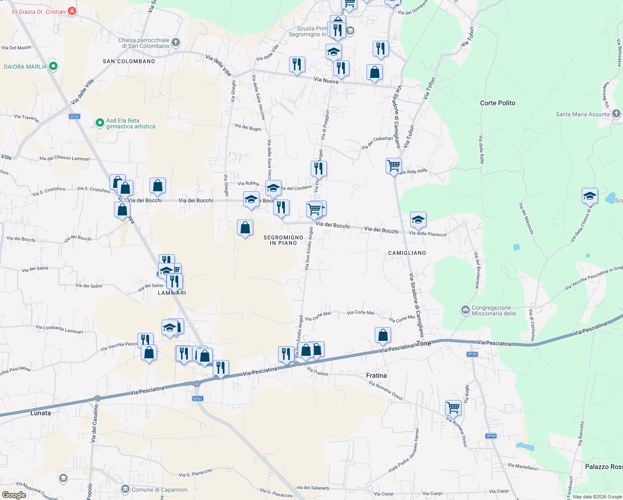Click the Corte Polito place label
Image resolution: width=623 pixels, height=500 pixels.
pyautogui.click(x=497, y=103)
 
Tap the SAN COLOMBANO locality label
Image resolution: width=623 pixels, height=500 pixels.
pyautogui.click(x=129, y=61)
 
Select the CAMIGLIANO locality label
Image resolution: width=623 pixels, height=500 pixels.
pyautogui.click(x=407, y=253)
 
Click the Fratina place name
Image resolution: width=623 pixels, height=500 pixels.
pyautogui.click(x=376, y=375)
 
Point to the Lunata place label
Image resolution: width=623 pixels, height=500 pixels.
pyautogui.click(x=41, y=413)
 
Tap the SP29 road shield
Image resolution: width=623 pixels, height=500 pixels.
pyautogui.click(x=75, y=117)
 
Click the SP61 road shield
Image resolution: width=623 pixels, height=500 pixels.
pyautogui.click(x=197, y=399)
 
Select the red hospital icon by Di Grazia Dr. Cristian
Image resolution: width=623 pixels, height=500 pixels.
pyautogui.click(x=72, y=11)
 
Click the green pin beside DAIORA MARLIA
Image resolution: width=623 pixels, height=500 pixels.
pyautogui.click(x=53, y=66)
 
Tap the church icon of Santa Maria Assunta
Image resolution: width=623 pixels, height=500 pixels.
pyautogui.click(x=616, y=113)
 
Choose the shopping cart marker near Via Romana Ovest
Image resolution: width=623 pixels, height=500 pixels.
pyautogui.click(x=453, y=407)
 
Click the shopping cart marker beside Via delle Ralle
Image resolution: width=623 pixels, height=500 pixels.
pyautogui.click(x=394, y=165)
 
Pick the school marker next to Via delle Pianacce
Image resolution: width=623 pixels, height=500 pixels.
pyautogui.click(x=418, y=219)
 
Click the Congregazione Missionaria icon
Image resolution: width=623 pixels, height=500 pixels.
pyautogui.click(x=465, y=310)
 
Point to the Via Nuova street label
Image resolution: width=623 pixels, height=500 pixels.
pyautogui.click(x=326, y=80)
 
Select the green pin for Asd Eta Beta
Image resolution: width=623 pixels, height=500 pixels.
pyautogui.click(x=100, y=123)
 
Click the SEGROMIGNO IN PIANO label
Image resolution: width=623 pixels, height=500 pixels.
pyautogui.click(x=283, y=240)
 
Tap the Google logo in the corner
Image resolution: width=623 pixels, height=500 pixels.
pyautogui.click(x=14, y=495)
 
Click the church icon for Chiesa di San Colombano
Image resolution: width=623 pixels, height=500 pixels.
pyautogui.click(x=176, y=42)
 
